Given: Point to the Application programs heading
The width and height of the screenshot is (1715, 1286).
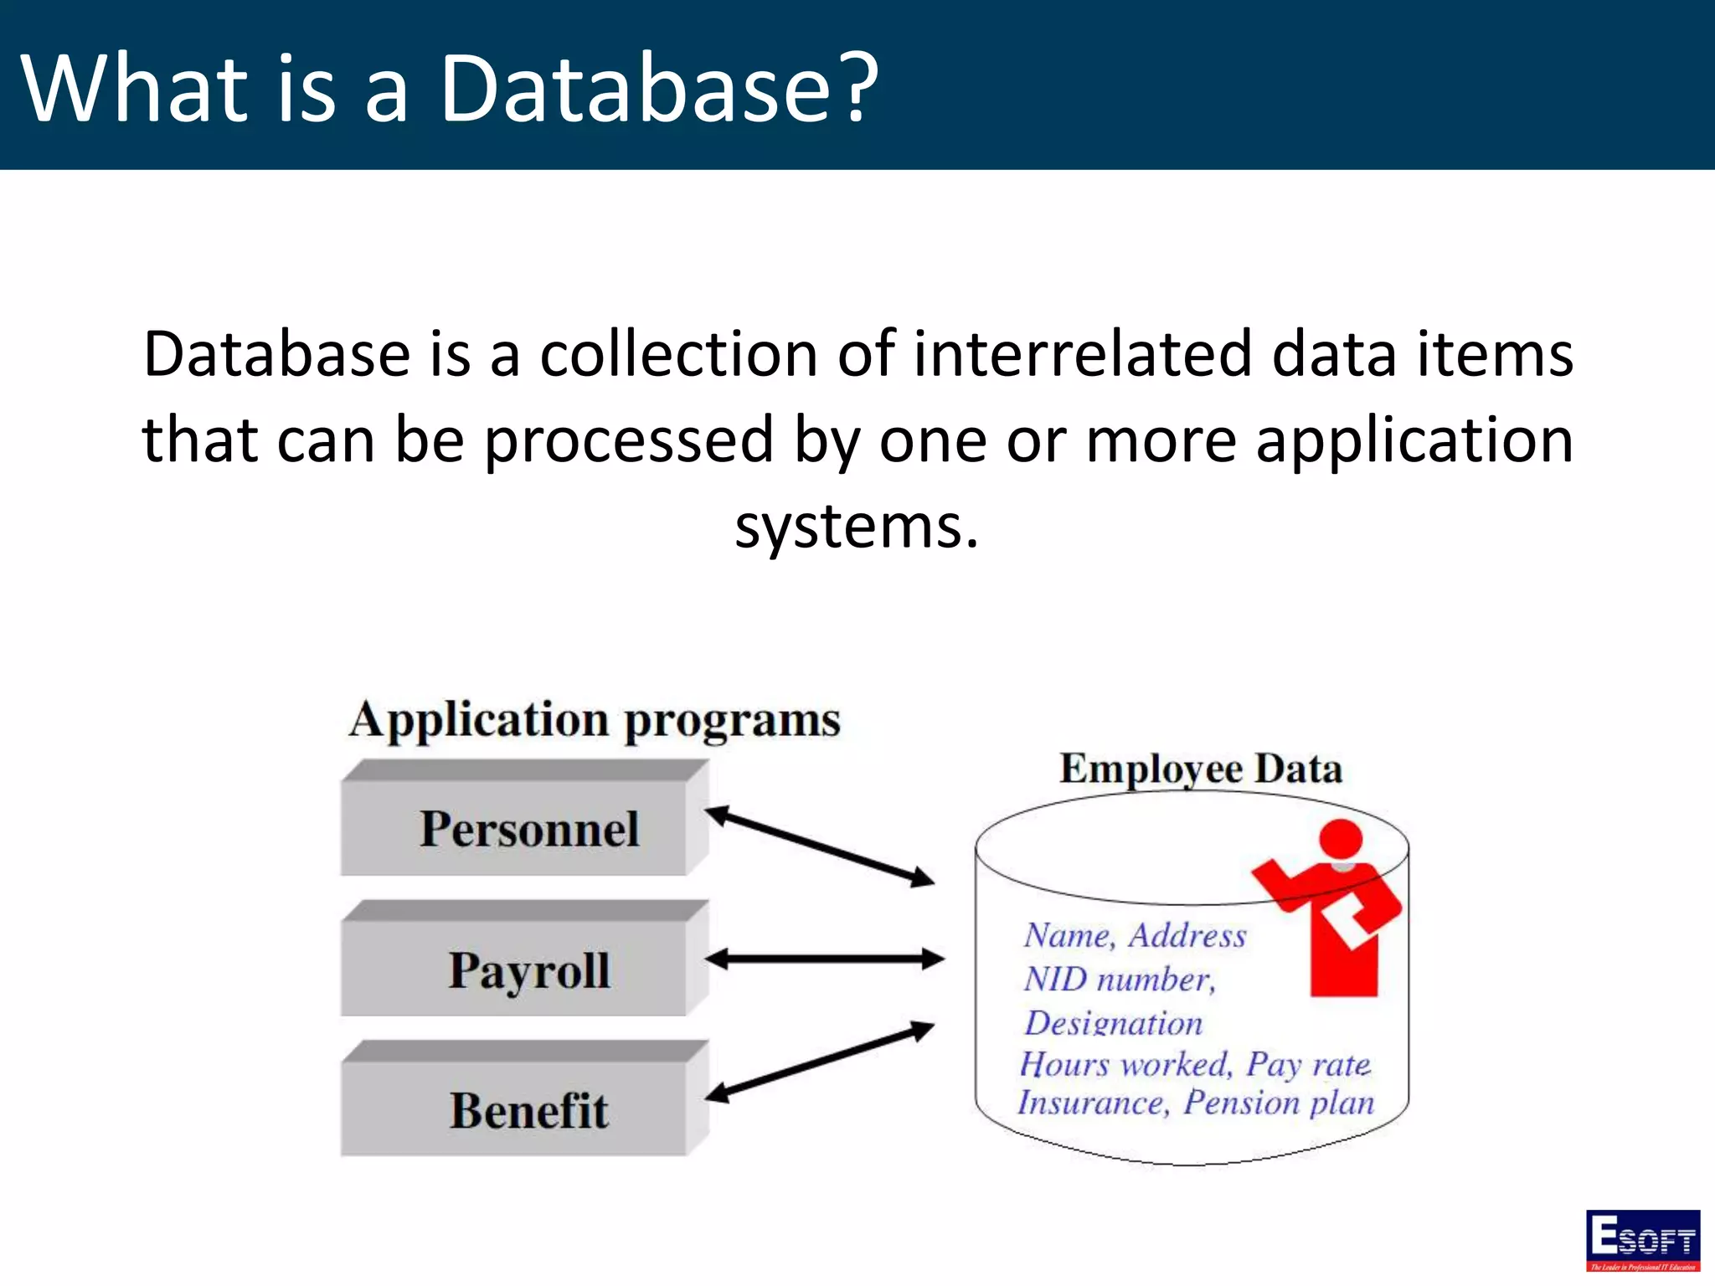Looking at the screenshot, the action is click(x=595, y=720).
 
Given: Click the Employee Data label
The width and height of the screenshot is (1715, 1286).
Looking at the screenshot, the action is click(x=1200, y=769).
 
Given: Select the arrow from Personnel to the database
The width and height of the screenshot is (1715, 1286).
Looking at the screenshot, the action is click(x=820, y=846).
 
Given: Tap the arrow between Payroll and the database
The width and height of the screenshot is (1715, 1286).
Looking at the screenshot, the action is click(x=825, y=959).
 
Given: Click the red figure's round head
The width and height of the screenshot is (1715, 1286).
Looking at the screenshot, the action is click(x=1341, y=839).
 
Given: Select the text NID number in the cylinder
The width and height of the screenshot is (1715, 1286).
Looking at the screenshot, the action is click(x=1119, y=979).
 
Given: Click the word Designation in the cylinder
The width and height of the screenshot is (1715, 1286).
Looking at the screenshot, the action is click(x=1114, y=1022).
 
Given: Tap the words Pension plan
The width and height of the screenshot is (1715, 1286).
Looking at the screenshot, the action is click(x=1279, y=1103).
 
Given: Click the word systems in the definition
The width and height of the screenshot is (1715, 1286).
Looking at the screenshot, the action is click(x=856, y=527).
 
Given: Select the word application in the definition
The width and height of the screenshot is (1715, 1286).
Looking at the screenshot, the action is click(x=1414, y=441).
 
